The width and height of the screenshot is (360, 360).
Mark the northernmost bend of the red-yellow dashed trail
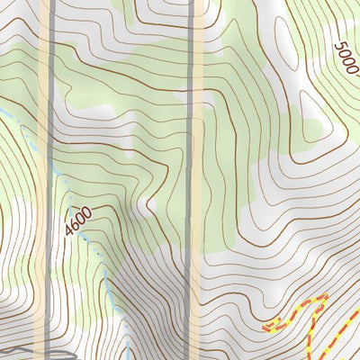[322, 299]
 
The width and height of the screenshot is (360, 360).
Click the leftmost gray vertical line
[52, 180]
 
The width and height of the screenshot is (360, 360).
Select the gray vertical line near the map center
[191, 180]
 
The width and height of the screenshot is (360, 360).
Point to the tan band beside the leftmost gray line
[42, 180]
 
